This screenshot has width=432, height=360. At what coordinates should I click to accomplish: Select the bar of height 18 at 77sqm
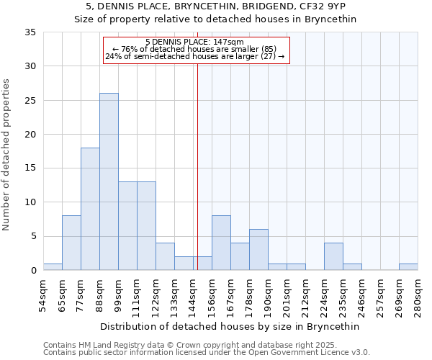point(90,209)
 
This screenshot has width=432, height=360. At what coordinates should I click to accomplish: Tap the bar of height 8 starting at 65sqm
point(71,243)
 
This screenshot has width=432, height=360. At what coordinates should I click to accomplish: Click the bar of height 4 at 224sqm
point(333,256)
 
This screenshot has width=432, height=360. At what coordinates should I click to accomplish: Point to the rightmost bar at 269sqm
point(408,267)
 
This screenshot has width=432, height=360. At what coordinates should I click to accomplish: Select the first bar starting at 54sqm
point(53,267)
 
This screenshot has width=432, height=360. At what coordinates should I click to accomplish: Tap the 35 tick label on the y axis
point(30,32)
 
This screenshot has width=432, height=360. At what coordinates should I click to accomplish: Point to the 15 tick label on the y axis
point(30,168)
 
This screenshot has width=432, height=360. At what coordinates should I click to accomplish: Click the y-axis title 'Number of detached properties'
point(7,155)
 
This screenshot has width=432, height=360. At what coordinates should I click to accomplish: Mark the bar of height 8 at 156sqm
point(221,243)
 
